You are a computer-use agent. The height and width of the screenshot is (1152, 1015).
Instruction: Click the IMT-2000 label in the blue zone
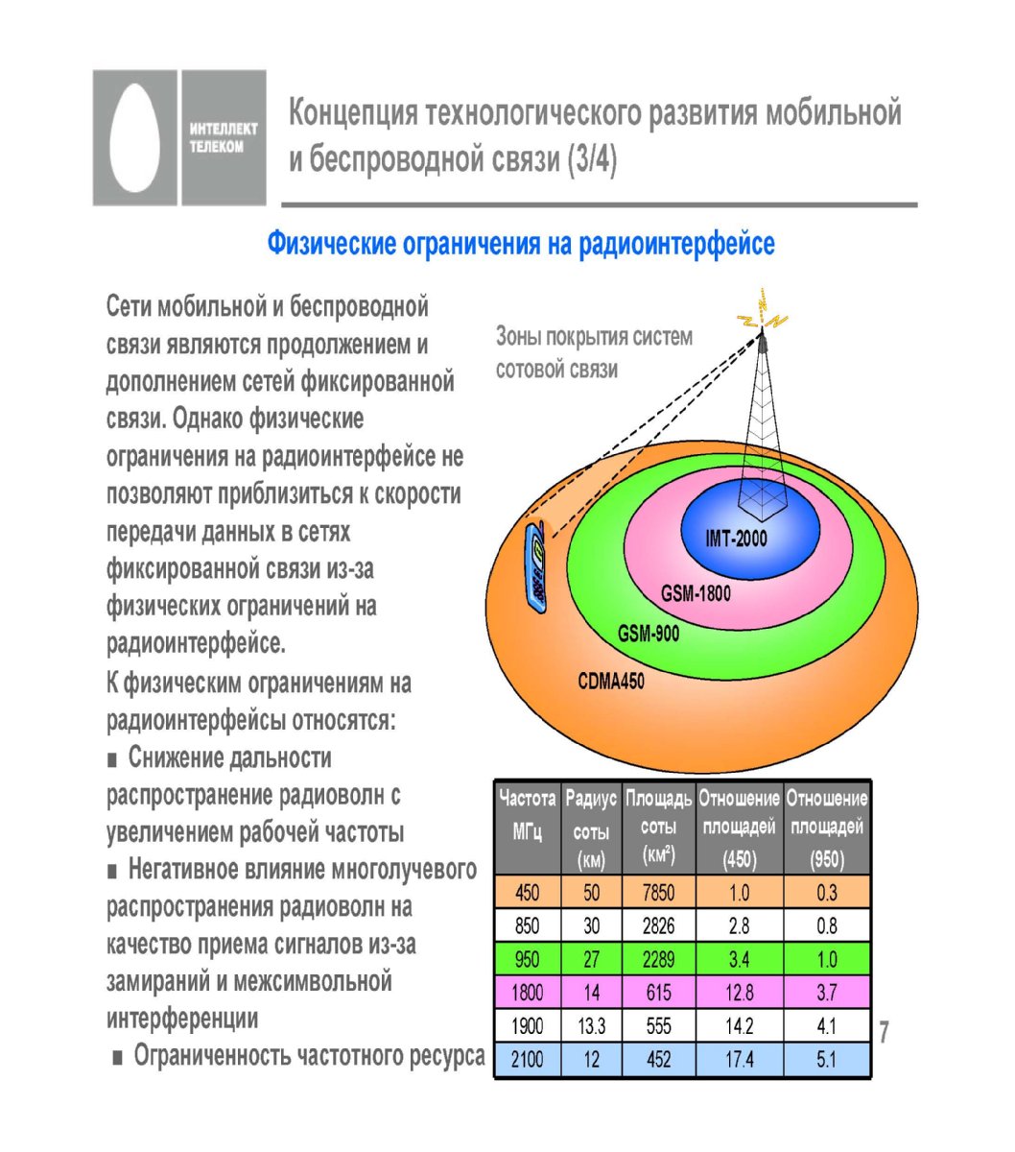pos(736,538)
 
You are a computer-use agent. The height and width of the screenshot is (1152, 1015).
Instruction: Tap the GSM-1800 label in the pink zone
pos(696,593)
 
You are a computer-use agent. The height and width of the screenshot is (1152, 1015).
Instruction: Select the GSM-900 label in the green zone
pos(649,634)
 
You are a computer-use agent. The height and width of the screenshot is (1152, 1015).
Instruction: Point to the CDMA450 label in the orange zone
pos(611,682)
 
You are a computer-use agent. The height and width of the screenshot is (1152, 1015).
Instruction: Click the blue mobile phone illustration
pos(536,567)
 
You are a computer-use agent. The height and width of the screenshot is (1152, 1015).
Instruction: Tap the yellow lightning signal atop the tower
pos(762,312)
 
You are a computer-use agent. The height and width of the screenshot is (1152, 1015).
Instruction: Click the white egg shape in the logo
pos(134,137)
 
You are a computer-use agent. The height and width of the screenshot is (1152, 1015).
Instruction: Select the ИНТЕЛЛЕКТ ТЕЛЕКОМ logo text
pos(224,137)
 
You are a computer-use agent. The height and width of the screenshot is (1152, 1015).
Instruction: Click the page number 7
pos(884,1031)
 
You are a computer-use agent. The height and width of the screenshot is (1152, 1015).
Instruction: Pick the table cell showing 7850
pos(658,893)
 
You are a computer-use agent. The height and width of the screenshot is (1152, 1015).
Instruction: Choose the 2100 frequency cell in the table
pos(527,1059)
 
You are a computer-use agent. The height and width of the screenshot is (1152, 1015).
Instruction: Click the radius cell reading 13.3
pos(591,1026)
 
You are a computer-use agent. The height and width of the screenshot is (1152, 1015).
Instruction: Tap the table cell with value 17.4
pos(739,1059)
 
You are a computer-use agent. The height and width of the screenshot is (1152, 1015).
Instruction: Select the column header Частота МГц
pos(527,815)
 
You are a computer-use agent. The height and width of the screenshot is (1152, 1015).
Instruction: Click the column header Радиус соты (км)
pos(591,829)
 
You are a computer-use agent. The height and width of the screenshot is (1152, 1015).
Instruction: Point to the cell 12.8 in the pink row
pos(739,993)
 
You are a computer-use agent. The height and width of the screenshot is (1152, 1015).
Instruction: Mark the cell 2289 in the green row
pos(658,960)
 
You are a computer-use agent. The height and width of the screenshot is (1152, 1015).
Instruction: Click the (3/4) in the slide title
pos(592,159)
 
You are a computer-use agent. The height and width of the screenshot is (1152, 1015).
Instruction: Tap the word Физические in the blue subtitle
pos(332,245)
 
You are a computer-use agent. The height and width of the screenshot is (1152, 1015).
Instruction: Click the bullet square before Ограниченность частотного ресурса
pos(118,1058)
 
